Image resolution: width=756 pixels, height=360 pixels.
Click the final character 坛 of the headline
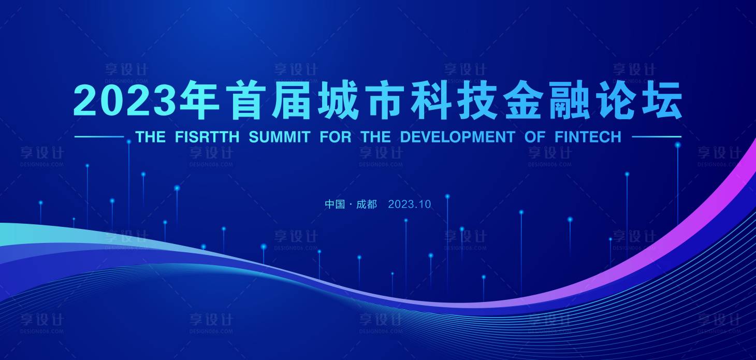[x=660, y=100]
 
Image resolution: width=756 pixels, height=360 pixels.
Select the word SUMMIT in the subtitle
[x=279, y=137]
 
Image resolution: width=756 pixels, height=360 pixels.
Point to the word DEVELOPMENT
[x=457, y=137]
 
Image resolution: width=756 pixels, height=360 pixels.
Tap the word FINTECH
[x=588, y=137]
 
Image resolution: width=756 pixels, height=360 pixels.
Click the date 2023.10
[x=409, y=204]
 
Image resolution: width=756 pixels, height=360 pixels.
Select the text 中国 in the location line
[x=335, y=204]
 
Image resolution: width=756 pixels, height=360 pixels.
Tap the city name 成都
[x=367, y=204]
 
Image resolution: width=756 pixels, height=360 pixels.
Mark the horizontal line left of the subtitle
[x=99, y=137]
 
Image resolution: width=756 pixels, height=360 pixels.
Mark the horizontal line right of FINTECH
[x=656, y=137]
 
